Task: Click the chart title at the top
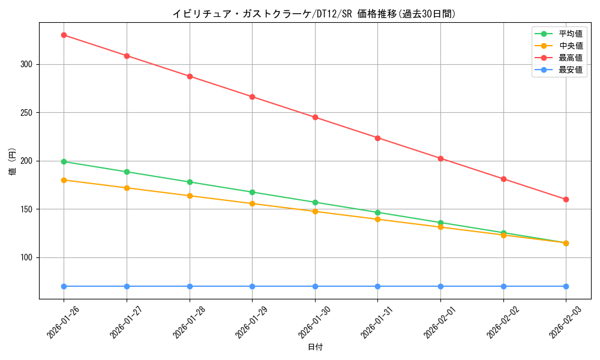tap(314, 14)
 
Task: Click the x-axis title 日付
tap(315, 347)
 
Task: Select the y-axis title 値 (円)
tap(13, 161)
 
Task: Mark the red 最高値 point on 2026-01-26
tap(64, 35)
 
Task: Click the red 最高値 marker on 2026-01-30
tap(315, 117)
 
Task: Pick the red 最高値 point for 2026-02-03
tap(566, 199)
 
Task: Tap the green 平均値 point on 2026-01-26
tap(64, 161)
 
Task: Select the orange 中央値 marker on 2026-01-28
tap(190, 196)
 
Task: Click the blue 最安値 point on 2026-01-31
tap(377, 286)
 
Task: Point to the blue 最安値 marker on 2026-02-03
tap(566, 286)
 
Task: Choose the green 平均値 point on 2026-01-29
tap(252, 192)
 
